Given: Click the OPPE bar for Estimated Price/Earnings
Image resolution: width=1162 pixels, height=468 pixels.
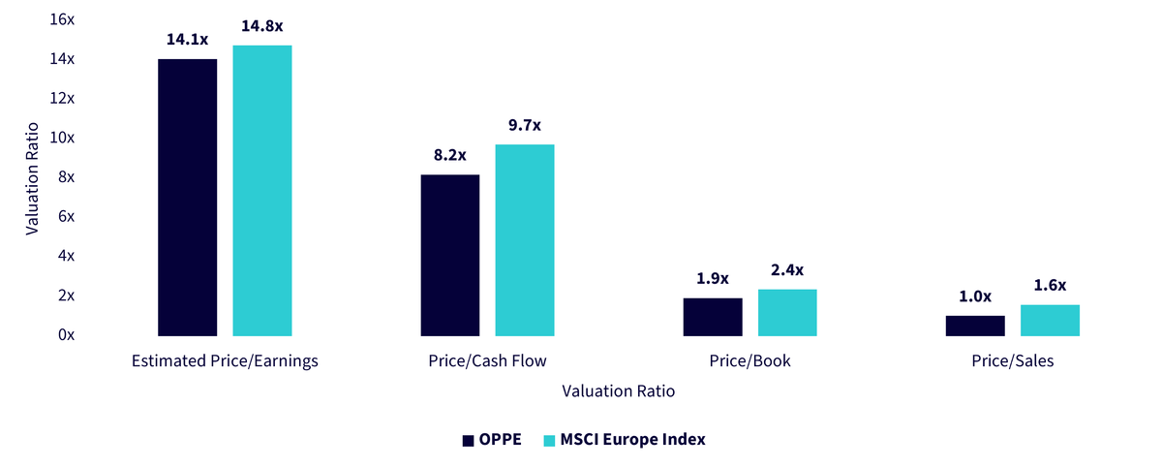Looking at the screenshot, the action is coord(187,197).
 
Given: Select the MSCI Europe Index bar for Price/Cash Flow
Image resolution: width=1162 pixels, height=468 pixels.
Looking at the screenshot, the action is coord(525,240).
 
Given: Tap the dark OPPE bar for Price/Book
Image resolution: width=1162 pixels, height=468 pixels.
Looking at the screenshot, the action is coord(713,317).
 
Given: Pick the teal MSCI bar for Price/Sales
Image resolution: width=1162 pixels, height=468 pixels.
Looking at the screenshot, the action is coord(1050,320).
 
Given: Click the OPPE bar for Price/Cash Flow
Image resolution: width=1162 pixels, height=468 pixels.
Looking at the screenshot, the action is coord(449,255).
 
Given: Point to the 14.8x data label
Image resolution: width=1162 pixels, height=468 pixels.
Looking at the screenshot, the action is coord(262,26).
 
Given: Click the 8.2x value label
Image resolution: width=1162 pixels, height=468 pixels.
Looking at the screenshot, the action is coord(449,155).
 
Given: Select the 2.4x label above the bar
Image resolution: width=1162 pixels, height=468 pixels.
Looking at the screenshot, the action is coord(787,269).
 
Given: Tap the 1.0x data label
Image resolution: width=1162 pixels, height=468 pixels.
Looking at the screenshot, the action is coord(975,296).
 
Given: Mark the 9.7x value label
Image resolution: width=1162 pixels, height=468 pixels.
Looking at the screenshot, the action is coord(525,125).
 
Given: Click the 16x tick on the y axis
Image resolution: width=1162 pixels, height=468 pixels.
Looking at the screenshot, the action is coord(62,19).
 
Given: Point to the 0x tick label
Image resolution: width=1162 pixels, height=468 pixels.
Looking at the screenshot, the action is coord(67,334).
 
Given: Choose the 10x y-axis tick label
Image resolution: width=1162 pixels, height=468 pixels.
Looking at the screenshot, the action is coord(62,138).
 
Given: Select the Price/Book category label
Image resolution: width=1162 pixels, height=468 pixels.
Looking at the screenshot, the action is coord(749,360).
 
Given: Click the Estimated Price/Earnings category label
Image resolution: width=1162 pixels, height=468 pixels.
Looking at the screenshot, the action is coord(225,360).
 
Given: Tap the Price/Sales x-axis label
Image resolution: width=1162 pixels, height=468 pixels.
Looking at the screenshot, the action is coord(1013,360).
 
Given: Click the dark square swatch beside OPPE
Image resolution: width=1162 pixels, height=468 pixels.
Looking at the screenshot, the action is coord(468,441).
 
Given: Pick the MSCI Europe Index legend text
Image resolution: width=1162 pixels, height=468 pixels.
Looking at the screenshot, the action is coord(633,440).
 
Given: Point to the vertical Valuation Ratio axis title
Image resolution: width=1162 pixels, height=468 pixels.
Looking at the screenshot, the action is coord(32,178).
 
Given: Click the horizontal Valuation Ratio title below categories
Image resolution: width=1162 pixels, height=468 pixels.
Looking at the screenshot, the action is coord(619,390).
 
